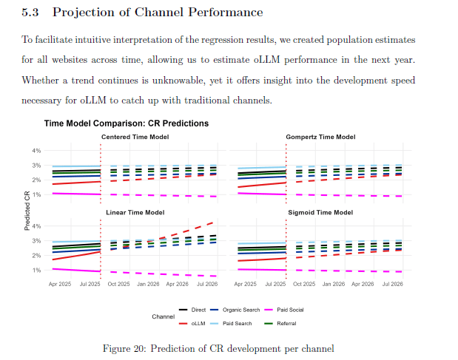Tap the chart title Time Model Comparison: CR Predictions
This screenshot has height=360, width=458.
pyautogui.click(x=126, y=123)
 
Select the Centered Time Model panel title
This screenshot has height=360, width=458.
pyautogui.click(x=135, y=137)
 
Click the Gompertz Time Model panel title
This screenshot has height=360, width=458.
pyautogui.click(x=320, y=137)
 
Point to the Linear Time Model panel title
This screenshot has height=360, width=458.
pyautogui.click(x=135, y=212)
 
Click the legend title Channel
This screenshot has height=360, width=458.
pyautogui.click(x=163, y=316)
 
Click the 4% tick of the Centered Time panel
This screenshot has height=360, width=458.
pyautogui.click(x=37, y=151)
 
